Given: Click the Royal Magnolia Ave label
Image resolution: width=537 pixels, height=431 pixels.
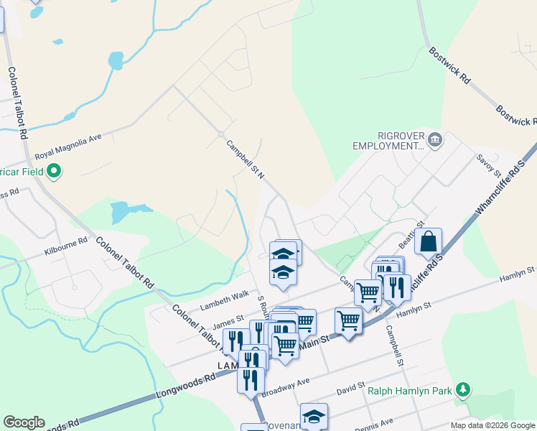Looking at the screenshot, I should click(x=69, y=147).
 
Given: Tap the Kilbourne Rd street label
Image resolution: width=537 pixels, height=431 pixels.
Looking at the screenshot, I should click(x=65, y=247).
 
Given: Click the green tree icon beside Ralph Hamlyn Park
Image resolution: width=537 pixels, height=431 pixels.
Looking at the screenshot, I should click(x=464, y=390).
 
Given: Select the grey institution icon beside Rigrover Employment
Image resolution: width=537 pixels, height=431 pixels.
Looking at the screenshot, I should click(x=434, y=139).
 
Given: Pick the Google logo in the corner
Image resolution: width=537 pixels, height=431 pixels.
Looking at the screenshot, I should click(x=24, y=422).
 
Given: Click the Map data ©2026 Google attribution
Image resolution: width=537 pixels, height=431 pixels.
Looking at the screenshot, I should click(x=493, y=425).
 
